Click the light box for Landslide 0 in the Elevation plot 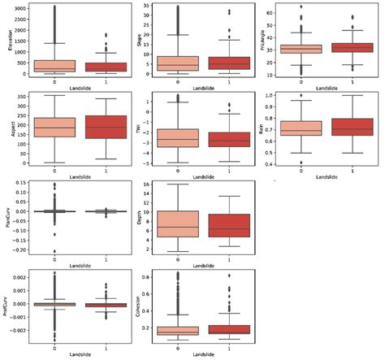tap(54, 65)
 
